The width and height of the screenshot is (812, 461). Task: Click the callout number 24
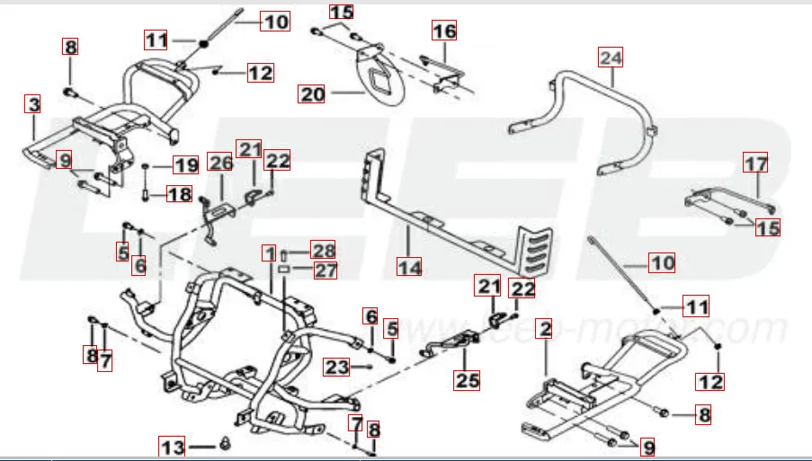click(611, 58)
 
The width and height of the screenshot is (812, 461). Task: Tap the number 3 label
click(33, 104)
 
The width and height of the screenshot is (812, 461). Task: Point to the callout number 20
click(312, 93)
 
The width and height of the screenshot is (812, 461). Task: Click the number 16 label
click(444, 31)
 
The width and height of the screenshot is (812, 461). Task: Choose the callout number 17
click(756, 164)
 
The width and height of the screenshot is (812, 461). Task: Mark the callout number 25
click(467, 380)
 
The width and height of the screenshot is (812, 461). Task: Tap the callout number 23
click(337, 367)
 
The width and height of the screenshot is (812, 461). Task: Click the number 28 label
click(322, 249)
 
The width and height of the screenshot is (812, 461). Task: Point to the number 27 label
click(322, 269)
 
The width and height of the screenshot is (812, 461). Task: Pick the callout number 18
click(180, 194)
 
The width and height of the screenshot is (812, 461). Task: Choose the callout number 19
click(185, 165)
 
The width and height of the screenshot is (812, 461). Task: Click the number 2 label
click(544, 328)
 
